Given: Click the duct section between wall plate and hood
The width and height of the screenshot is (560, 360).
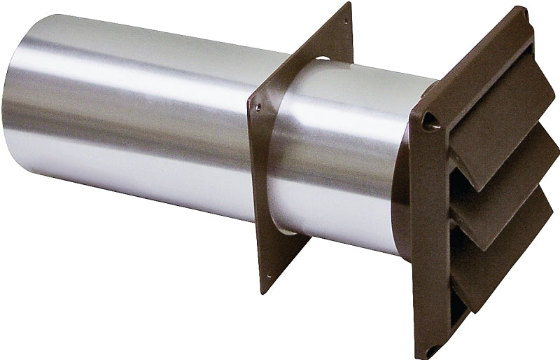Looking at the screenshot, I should tap(350, 161).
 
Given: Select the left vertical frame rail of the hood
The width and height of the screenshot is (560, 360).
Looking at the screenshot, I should tap(423, 231).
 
